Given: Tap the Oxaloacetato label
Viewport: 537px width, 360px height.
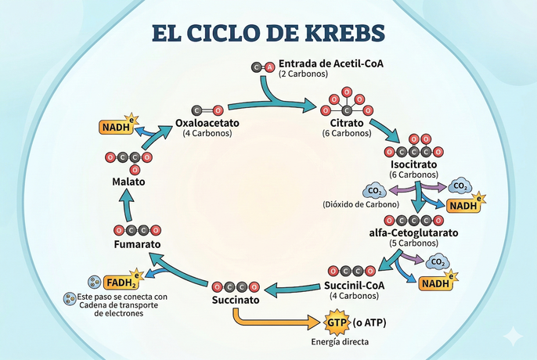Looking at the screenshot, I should click(207, 124).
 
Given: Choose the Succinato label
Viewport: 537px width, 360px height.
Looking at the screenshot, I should click(235, 300).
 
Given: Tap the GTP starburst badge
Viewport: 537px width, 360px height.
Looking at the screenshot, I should click(335, 322).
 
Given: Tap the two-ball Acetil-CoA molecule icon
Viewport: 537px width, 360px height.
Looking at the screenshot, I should click(263, 68).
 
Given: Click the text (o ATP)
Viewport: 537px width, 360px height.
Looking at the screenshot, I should click(371, 322).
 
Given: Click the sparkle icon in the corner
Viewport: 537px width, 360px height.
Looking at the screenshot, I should click(513, 336).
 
